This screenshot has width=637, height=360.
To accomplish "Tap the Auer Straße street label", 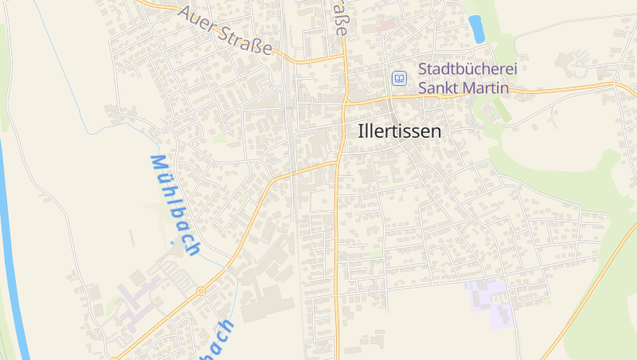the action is pos(225,32).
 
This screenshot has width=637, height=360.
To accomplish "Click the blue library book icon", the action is pos(399,78).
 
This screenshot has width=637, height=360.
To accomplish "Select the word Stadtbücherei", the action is pos(467,69).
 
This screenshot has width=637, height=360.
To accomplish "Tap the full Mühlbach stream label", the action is pos(174,205).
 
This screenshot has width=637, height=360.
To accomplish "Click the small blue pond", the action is pos(476,29).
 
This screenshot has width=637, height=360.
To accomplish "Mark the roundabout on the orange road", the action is pos(201,291).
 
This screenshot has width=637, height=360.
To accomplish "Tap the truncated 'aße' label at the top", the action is pos(340,18).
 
